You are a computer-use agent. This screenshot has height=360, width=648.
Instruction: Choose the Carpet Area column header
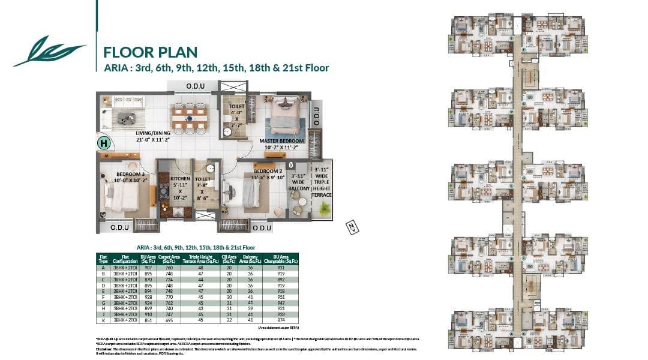pos(169,259)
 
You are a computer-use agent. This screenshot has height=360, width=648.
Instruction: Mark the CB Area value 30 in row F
pos(229,296)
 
